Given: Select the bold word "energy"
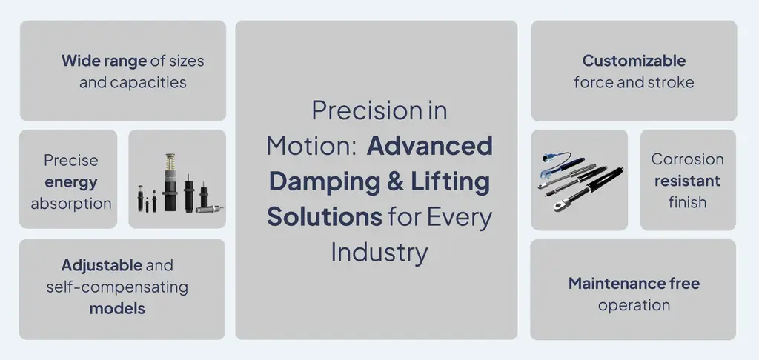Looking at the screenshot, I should (70, 182).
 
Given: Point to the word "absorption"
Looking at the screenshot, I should (70, 204).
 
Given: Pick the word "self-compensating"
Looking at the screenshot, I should (117, 287).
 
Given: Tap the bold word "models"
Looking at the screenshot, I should (117, 308).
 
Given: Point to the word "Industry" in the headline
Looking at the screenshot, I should (379, 252).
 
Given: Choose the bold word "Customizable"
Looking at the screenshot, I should (634, 61).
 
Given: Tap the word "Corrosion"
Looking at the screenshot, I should (687, 159).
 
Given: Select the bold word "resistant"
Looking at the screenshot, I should (687, 181).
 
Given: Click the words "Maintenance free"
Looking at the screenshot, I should (634, 284).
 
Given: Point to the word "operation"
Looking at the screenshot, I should (634, 305).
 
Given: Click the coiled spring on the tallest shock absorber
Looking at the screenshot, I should (168, 164).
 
